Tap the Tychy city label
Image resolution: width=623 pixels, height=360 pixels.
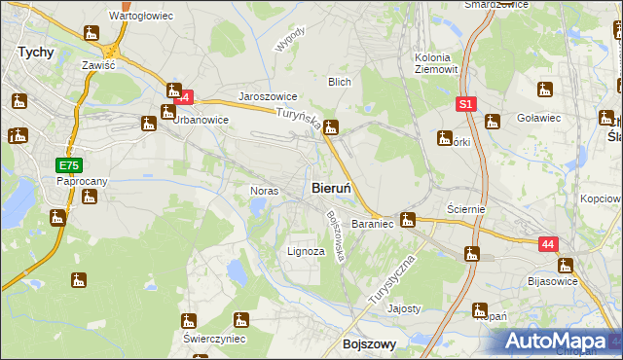(35, 54)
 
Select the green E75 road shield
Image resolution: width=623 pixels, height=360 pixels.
(68, 166)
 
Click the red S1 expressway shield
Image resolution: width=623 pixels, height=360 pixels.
(466, 102)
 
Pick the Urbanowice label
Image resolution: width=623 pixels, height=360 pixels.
(201, 121)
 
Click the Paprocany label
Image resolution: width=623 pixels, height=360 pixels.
(81, 181)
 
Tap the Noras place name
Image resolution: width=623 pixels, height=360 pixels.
(266, 191)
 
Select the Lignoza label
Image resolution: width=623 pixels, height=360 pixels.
(305, 251)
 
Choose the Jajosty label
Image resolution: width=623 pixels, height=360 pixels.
(404, 308)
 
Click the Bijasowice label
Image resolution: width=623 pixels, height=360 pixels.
(551, 281)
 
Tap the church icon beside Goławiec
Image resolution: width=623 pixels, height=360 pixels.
(543, 91)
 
